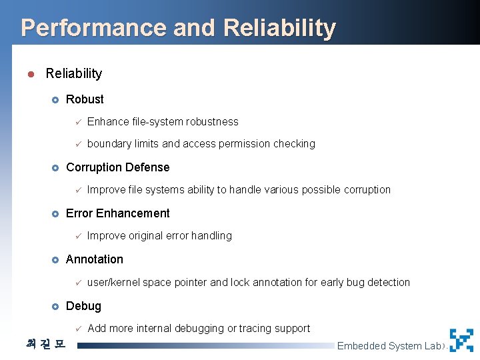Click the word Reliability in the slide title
point(280,28)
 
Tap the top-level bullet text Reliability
point(74,73)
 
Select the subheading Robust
point(85,99)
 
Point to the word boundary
point(108,143)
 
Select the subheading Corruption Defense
point(118,167)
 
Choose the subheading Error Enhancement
point(118,213)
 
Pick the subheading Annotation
point(95,259)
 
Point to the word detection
point(388,282)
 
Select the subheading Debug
point(84,306)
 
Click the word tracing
point(257,328)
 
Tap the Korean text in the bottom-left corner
point(46,345)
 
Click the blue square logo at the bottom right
point(461,340)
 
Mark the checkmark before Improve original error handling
point(78,235)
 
